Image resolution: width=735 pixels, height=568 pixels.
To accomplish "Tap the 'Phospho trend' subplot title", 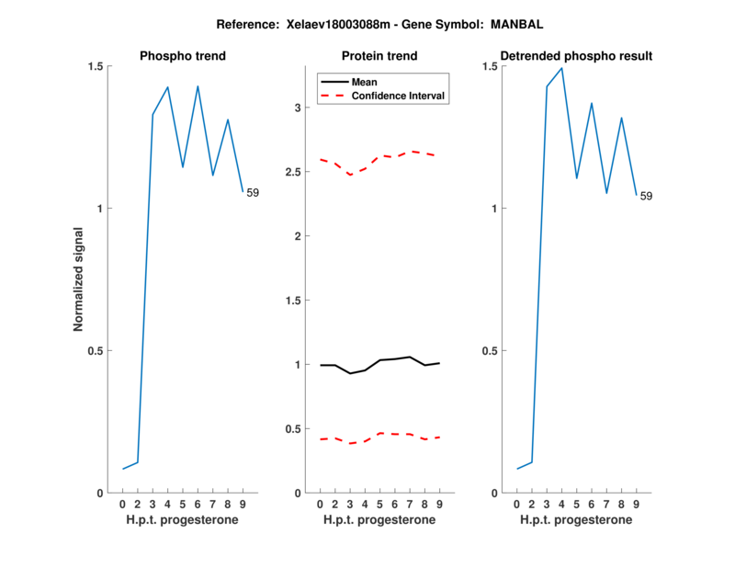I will [183, 56].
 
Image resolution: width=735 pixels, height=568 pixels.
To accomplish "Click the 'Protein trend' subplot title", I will [379, 56].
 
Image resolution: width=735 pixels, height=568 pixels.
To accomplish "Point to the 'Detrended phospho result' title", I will [576, 56].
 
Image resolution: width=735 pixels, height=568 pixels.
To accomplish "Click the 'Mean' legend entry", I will [364, 82].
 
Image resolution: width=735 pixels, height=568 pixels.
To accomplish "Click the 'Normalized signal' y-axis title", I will [78, 279].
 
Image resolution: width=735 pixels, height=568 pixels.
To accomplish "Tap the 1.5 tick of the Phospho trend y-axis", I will [94, 66].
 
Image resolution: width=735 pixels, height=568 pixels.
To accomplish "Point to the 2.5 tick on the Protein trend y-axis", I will [294, 172].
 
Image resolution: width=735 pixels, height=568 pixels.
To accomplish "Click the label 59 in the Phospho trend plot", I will [253, 192].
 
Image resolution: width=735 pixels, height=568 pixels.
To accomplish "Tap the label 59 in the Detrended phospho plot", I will [646, 196].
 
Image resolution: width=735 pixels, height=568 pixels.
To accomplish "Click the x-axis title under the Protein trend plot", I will [379, 520].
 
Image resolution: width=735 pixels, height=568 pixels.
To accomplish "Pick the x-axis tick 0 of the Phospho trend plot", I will [122, 505].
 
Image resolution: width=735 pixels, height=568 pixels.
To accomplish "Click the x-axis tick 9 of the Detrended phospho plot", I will [636, 505].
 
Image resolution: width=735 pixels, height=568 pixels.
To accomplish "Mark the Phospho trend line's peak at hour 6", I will [198, 86].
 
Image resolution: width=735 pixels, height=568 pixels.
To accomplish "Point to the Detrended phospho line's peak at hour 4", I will [561, 68].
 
